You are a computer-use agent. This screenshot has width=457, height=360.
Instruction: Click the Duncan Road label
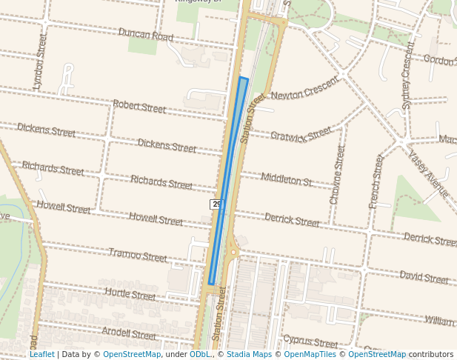click(x=146, y=35)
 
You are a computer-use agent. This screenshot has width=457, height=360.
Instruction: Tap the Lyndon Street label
click(x=41, y=61)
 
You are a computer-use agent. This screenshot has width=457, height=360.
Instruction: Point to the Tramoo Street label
click(x=138, y=256)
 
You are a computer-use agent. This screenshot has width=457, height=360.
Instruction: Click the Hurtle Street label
click(x=130, y=294)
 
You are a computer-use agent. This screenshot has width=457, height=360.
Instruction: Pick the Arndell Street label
click(x=129, y=333)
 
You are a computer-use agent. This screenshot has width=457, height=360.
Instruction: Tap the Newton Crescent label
click(x=304, y=90)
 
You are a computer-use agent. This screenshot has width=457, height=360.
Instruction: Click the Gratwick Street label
click(x=301, y=134)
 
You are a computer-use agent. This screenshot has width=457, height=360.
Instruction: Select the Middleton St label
click(x=287, y=178)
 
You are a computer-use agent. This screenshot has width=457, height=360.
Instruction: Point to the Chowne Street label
click(x=337, y=175)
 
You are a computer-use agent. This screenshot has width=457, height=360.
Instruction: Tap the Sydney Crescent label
click(x=408, y=76)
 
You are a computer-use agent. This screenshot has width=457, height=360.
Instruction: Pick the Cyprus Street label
click(x=310, y=342)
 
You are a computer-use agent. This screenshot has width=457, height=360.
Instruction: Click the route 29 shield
click(x=216, y=204)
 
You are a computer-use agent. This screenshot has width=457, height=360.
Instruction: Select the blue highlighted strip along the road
click(x=228, y=181)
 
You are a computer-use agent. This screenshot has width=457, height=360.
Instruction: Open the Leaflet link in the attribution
click(x=41, y=355)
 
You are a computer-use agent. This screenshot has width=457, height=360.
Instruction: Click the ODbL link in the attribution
click(x=199, y=355)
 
